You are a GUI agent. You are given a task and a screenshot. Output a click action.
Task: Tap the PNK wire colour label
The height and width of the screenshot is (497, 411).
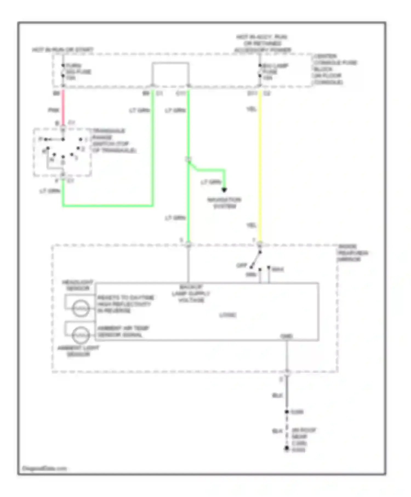53,110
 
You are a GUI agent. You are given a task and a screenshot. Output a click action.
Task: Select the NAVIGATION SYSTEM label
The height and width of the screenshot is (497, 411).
224,203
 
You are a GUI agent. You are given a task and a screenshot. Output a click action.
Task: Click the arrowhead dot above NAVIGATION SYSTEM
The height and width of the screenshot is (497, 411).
224,190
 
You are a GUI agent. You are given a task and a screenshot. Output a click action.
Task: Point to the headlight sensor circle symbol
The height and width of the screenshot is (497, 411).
81,308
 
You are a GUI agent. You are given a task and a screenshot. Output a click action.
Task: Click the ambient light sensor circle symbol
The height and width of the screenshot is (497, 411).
81,335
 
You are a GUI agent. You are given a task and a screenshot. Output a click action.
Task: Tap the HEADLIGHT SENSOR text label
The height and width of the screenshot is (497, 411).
78,285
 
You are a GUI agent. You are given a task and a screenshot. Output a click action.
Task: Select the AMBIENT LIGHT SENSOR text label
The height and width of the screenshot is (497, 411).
78,351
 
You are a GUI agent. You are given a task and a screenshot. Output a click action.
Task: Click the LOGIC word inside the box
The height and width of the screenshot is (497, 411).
228,315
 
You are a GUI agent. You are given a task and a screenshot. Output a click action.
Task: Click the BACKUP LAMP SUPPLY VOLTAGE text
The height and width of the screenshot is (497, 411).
191,294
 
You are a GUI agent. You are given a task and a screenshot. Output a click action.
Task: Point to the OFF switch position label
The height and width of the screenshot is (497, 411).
242,265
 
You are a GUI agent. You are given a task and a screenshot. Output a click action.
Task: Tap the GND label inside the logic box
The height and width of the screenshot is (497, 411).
287,336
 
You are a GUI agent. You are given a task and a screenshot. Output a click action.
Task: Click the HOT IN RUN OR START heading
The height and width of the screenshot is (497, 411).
63,50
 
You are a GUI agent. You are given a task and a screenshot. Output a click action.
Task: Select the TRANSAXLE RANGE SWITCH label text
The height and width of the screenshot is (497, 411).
114,141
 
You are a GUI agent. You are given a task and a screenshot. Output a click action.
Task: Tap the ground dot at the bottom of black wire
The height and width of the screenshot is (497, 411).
287,448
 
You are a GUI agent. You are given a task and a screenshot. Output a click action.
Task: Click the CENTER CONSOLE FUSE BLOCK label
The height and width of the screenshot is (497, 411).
335,69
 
